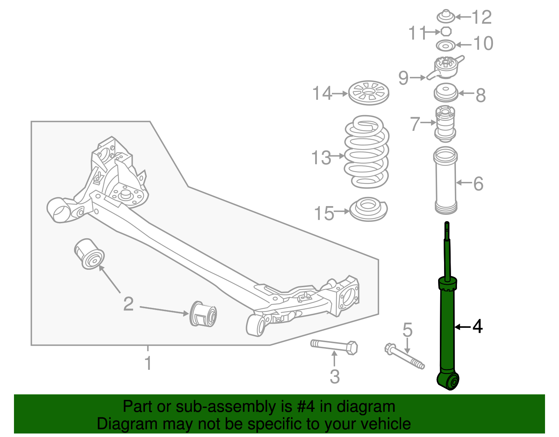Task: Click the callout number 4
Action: [478, 327]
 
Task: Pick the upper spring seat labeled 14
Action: [369, 93]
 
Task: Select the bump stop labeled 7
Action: [445, 124]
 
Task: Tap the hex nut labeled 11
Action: [446, 31]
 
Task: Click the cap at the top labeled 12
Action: [446, 16]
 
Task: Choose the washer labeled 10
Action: [446, 45]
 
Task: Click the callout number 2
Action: [128, 304]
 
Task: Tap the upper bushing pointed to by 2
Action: [89, 254]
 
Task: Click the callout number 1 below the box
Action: [148, 363]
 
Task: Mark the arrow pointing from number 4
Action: [462, 327]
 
